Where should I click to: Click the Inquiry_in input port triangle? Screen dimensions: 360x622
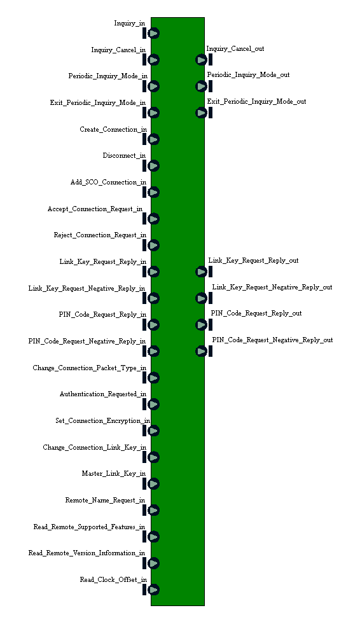coord(154,33)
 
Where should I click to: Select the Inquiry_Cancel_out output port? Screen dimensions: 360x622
coord(201,60)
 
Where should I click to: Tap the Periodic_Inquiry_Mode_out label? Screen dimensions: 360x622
coord(248,75)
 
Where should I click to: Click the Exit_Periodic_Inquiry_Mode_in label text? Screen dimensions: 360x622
coord(98,103)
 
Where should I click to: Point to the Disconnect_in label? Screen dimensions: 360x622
coord(124,155)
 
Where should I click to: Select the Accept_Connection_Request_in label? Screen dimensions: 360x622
coord(95,209)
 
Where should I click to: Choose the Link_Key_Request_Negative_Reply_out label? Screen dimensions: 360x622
coord(272,287)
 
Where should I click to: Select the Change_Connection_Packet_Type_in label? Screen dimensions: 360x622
coord(89,368)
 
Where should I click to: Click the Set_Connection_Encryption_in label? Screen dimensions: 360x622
coord(103,421)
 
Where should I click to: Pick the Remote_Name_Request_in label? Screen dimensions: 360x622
coord(105,501)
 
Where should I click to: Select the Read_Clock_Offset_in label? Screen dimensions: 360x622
coord(113,579)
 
